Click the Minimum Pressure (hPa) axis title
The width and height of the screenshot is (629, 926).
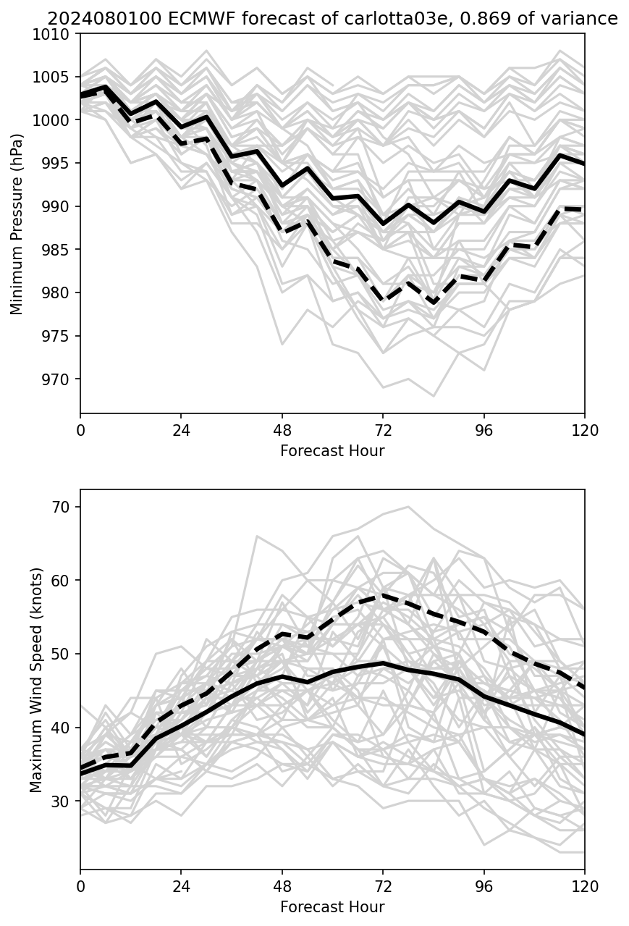(x=17, y=224)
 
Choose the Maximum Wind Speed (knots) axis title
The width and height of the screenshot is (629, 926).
(x=36, y=680)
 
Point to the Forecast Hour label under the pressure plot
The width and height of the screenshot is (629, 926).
(x=332, y=451)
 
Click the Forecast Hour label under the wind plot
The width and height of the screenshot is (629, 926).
(x=332, y=907)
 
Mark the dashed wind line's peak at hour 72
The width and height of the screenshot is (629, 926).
(x=383, y=596)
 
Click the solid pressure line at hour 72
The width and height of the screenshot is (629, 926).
(x=383, y=224)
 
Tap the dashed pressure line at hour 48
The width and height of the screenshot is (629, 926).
(x=282, y=232)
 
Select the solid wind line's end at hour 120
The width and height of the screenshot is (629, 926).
(x=583, y=734)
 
